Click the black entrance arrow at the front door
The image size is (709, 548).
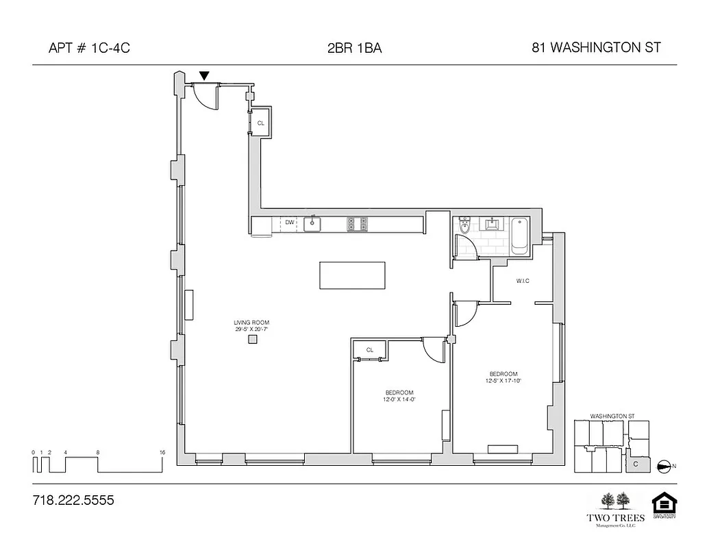click(x=204, y=75)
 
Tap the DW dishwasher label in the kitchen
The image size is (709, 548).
click(x=290, y=222)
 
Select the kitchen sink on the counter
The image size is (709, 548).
click(x=313, y=223)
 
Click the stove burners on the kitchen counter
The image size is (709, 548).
click(x=356, y=223)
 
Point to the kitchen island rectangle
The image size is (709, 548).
click(x=352, y=275)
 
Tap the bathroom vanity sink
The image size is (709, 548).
click(x=493, y=223)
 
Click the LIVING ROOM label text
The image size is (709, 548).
click(x=251, y=322)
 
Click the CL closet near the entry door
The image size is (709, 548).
click(x=260, y=123)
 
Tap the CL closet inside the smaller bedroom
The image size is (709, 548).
click(x=370, y=350)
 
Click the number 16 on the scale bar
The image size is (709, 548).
click(x=162, y=452)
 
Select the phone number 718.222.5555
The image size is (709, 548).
click(x=73, y=501)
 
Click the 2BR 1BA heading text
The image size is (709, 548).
click(x=354, y=48)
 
